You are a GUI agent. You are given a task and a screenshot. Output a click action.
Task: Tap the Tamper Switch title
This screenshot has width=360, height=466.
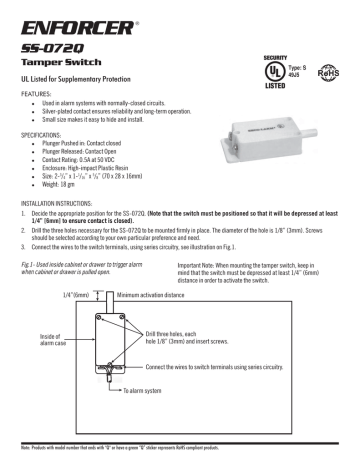pyautogui.click(x=62, y=63)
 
